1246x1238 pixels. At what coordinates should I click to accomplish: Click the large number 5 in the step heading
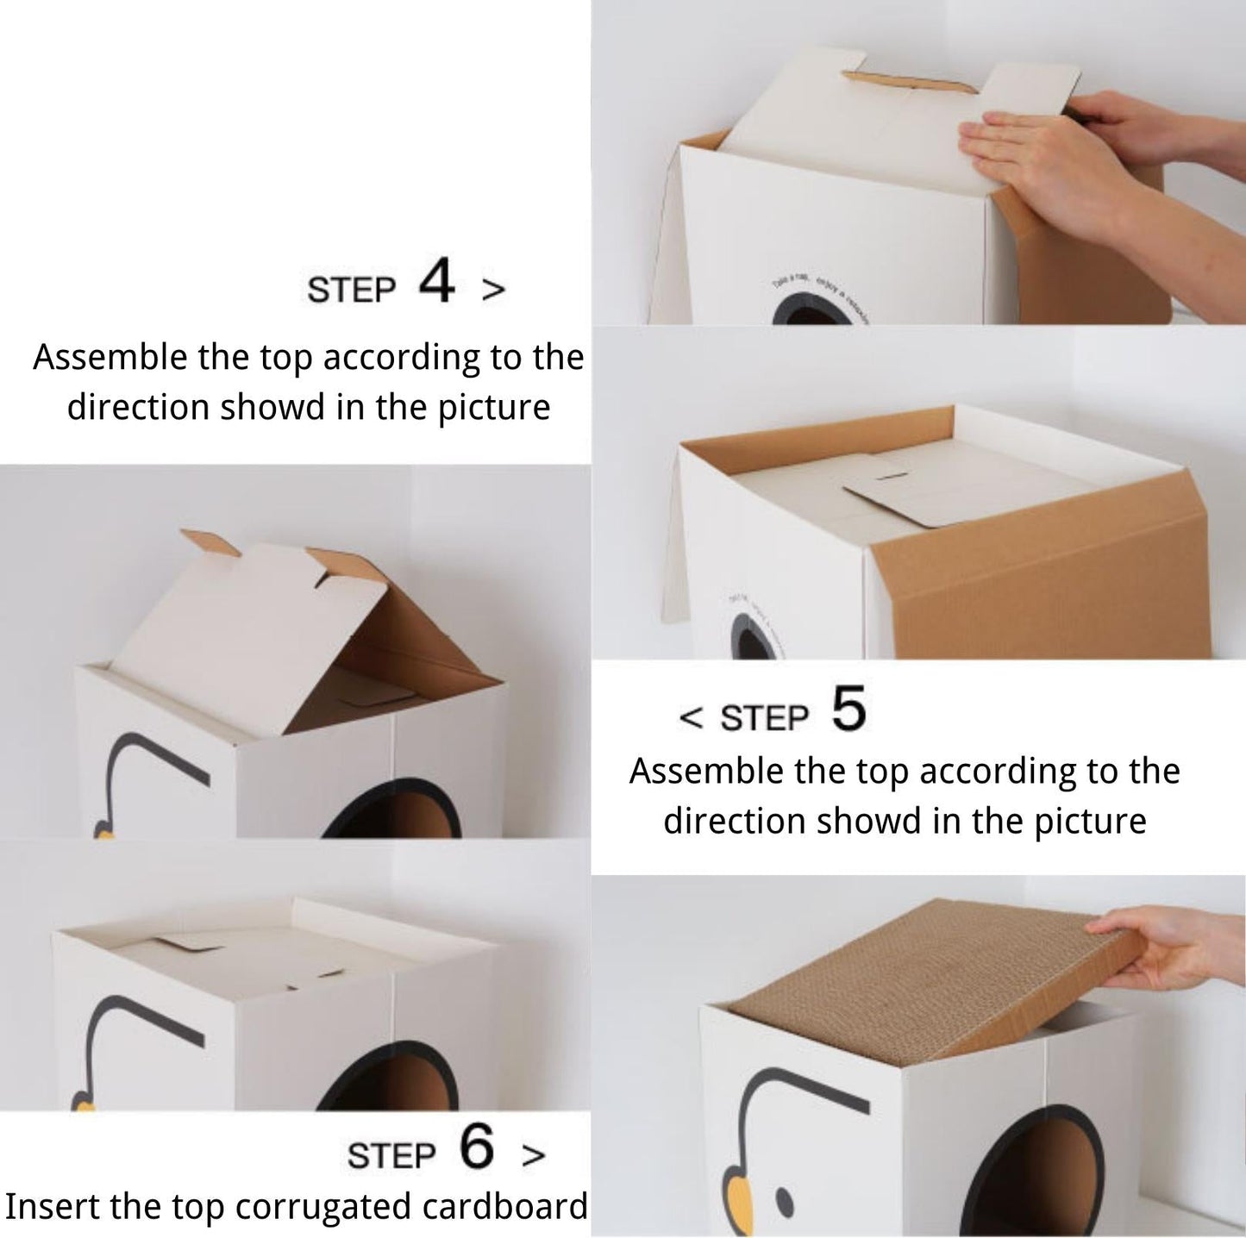[848, 709]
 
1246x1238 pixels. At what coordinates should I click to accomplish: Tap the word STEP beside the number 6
[391, 1156]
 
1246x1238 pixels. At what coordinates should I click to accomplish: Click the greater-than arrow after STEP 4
[493, 291]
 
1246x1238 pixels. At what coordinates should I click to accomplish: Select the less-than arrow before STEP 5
[692, 717]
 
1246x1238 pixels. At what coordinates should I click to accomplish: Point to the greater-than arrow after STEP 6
[534, 1155]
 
